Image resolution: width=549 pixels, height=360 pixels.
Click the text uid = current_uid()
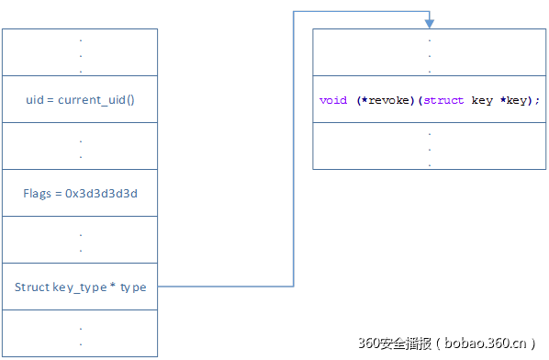pos(80,99)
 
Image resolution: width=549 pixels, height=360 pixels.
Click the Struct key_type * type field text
pos(80,287)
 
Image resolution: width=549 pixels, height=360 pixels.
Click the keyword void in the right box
pos(332,100)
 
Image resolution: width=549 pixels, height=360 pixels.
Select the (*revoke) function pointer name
pos(386,100)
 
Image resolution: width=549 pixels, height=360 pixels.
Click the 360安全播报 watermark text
pos(388,343)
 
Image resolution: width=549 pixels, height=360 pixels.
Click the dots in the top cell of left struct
pos(80,54)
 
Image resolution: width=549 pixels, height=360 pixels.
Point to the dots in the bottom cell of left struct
pos(80,335)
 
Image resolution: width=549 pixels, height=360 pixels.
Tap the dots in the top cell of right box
pos(429,54)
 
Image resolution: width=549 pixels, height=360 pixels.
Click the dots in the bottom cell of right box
pos(429,148)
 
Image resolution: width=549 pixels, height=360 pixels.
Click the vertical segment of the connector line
pos(294,147)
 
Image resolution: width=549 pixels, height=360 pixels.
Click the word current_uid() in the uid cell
pos(96,99)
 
